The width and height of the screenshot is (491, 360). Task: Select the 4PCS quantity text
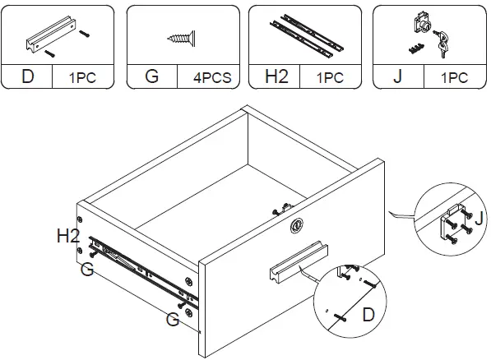(x=211, y=78)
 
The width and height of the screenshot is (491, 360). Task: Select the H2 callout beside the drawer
(x=69, y=237)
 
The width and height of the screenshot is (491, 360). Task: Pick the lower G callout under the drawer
(x=172, y=320)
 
